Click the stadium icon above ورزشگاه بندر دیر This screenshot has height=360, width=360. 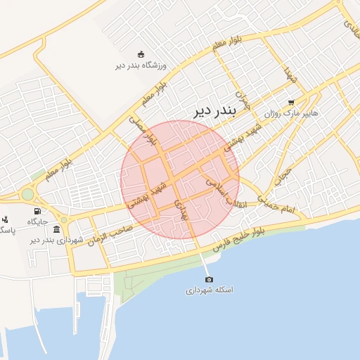141,54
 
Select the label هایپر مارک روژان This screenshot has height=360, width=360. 291,113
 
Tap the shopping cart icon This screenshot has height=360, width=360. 291,102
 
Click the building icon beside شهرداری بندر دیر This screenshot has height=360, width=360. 56,229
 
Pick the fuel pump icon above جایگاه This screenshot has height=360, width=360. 37,211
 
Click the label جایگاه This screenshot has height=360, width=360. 37,221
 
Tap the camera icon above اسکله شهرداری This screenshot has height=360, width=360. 209,279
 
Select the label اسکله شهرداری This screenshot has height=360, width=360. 210,290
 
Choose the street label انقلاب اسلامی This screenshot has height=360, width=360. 219,191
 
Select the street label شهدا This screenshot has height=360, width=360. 288,72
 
